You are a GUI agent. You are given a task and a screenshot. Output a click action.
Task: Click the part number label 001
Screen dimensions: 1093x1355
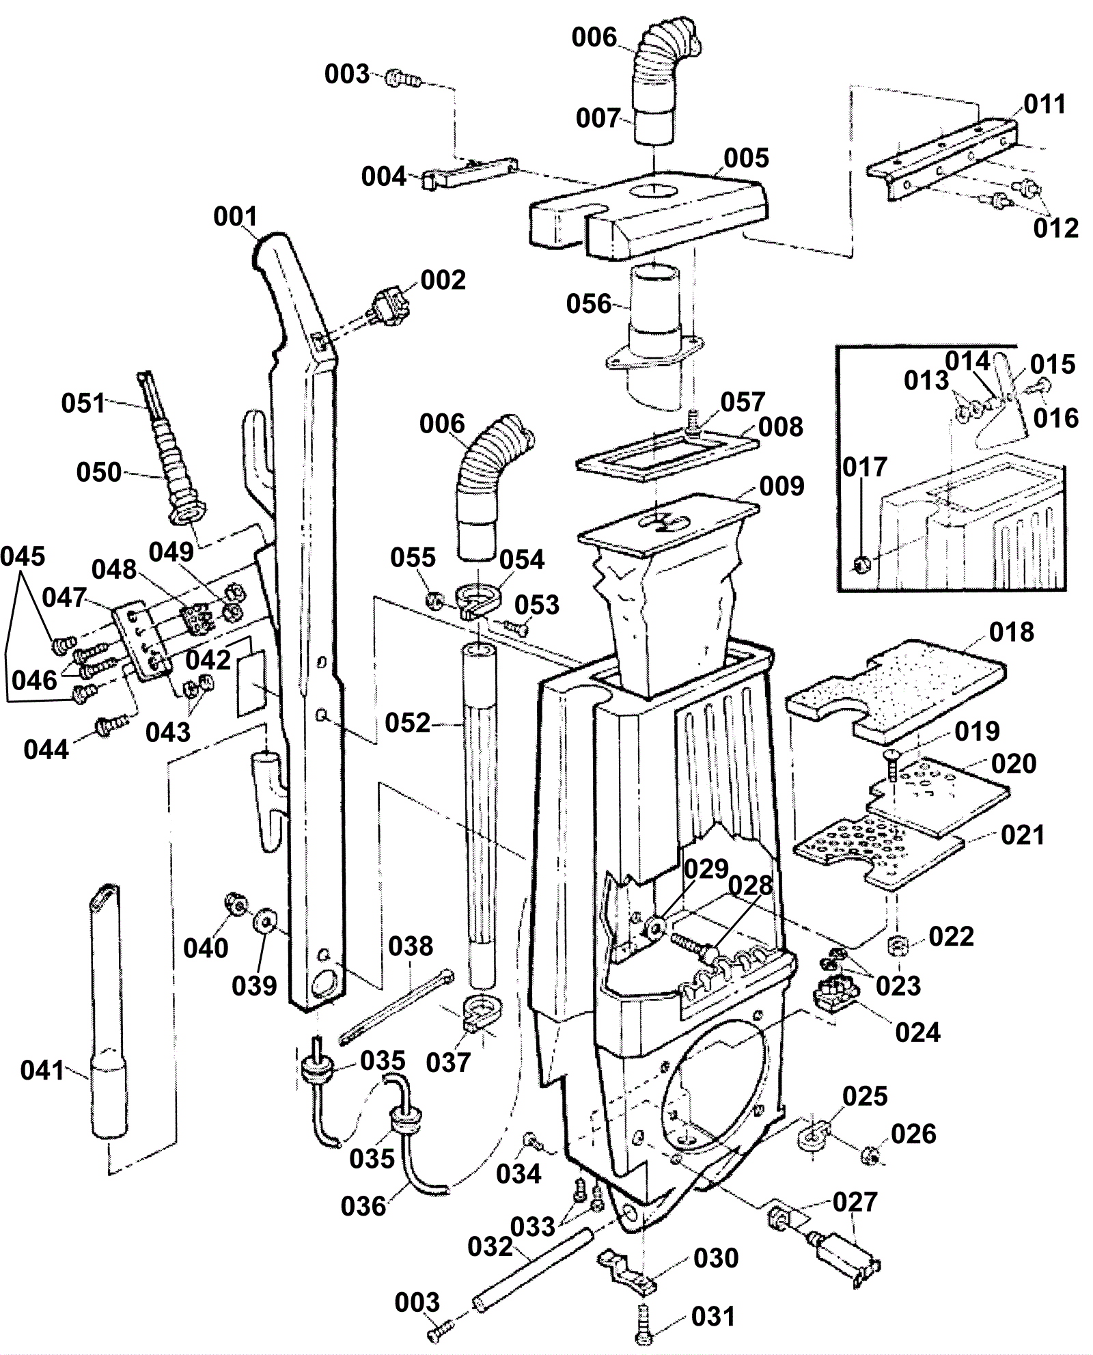coord(235,217)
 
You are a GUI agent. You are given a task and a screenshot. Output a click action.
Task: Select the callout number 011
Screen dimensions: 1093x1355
coord(1045,105)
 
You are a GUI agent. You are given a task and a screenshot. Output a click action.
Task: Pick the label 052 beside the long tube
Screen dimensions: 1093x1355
coord(408,722)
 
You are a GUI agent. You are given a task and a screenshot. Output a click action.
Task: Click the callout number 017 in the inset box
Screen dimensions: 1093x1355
coord(865,467)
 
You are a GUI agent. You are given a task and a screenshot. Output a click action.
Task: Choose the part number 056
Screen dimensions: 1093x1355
coord(589,303)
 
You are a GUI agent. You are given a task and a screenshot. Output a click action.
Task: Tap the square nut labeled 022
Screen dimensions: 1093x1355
coord(898,946)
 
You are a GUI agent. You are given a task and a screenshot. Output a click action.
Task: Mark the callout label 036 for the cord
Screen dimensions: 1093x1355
coord(364,1206)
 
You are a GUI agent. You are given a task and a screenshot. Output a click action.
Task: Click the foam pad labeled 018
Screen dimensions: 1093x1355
coord(896,692)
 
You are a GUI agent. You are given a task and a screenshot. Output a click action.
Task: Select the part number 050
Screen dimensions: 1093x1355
coord(99,472)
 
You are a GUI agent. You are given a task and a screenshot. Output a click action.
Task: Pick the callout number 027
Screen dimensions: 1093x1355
coord(855,1202)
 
